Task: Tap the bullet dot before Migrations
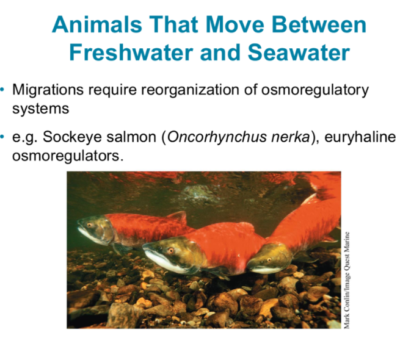click(4, 90)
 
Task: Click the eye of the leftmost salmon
click(91, 225)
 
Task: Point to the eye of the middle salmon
click(170, 250)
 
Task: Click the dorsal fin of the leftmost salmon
click(177, 217)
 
